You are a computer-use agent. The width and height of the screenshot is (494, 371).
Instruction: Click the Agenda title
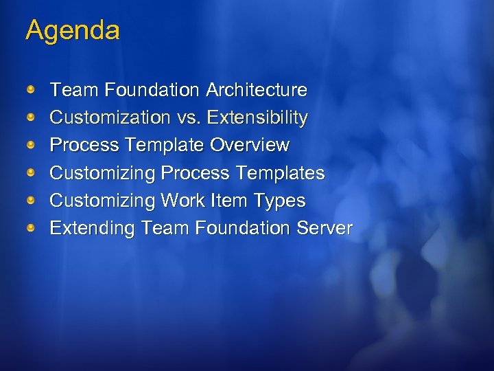point(73,31)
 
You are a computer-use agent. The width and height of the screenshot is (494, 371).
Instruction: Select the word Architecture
point(257,90)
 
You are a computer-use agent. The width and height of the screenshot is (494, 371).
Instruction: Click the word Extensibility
point(257,118)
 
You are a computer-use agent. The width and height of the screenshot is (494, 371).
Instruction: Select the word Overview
point(250,146)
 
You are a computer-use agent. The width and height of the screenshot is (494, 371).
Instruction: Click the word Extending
point(93,228)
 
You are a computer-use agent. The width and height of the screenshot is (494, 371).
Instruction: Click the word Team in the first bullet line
point(75,90)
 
